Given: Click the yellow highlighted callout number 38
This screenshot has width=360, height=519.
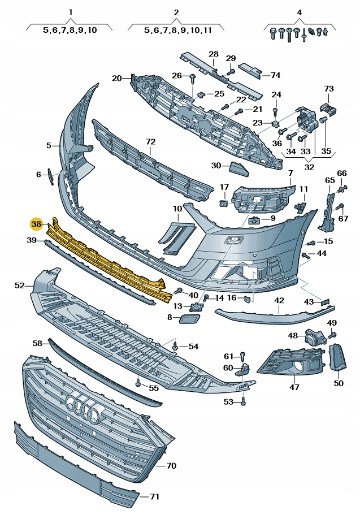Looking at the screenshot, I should [x=37, y=224].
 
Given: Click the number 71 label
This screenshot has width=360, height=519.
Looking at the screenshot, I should [x=154, y=497].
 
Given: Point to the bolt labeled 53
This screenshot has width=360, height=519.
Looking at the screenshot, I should [x=244, y=401].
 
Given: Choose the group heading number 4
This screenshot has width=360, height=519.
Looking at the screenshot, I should [x=299, y=12].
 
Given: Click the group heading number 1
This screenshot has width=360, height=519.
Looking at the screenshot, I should [x=70, y=12].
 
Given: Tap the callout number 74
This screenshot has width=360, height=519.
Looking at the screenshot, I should [x=275, y=75].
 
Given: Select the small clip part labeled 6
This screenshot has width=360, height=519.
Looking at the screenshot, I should [x=49, y=176].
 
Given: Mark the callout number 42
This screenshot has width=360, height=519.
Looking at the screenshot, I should [x=279, y=301].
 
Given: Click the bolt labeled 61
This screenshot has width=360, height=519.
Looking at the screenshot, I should [x=242, y=356].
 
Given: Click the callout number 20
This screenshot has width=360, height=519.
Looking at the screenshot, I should [x=116, y=78].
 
